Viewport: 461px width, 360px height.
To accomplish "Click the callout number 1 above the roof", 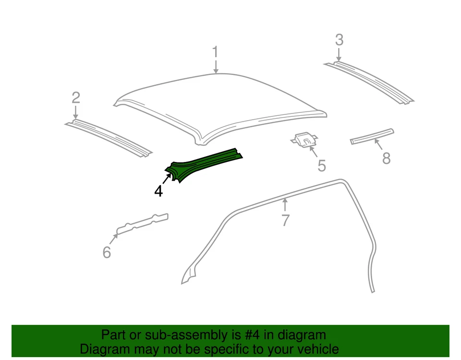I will pyautogui.click(x=216, y=52).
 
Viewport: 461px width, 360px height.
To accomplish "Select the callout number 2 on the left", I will pyautogui.click(x=76, y=98).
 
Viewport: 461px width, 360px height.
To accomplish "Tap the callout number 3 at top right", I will pyautogui.click(x=339, y=40).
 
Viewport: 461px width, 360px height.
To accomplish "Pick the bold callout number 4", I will pyautogui.click(x=158, y=191).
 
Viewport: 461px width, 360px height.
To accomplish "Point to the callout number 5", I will pyautogui.click(x=322, y=166).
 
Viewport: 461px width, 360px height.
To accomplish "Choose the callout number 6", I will pyautogui.click(x=107, y=252).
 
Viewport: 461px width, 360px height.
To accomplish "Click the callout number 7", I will pyautogui.click(x=285, y=221).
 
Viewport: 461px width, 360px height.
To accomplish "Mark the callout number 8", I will pyautogui.click(x=386, y=158).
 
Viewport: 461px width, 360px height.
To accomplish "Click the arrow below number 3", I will pyautogui.click(x=339, y=54).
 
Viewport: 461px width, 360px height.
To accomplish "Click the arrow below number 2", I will pyautogui.click(x=76, y=112).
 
